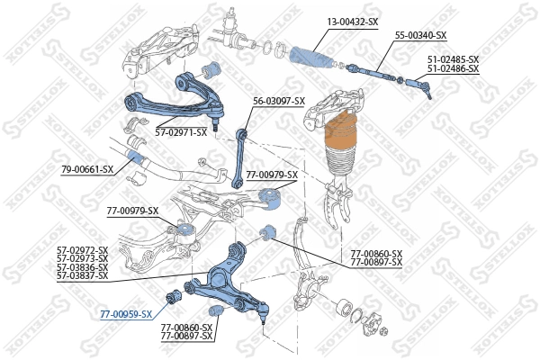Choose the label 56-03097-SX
[278, 101]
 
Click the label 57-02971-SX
[180, 132]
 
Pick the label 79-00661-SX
[87, 169]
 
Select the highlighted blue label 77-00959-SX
[126, 315]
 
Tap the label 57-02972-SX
[82, 250]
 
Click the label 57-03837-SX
[82, 275]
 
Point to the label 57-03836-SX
[82, 267]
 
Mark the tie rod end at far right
[422, 87]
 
